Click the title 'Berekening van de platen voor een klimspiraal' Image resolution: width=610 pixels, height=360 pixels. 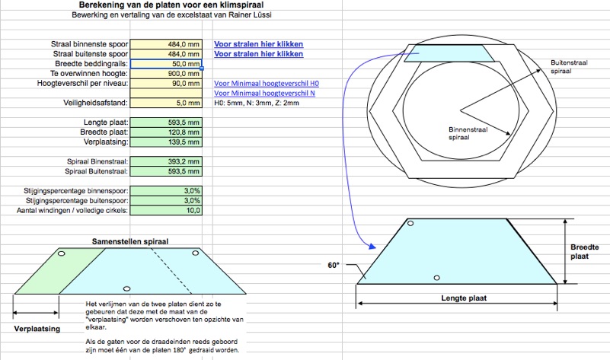171,5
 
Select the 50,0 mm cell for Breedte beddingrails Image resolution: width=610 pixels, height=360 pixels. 166,64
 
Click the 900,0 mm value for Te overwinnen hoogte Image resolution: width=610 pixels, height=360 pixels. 166,74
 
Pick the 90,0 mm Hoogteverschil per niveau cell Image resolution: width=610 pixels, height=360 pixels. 166,83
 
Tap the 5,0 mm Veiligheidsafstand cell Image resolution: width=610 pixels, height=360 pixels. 166,103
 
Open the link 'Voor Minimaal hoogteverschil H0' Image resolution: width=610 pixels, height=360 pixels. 267,83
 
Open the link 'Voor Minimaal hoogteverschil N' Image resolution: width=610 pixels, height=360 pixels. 264,94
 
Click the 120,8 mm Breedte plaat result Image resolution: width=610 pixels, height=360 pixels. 166,132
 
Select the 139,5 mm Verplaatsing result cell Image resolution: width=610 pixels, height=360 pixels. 166,142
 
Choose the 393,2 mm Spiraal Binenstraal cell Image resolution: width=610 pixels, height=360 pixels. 166,161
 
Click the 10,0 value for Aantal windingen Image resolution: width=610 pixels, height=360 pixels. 166,210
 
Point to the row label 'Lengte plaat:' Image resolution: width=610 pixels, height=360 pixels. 106,123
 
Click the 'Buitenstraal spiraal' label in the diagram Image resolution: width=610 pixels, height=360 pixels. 569,67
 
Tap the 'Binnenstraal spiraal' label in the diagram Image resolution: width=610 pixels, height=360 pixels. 468,133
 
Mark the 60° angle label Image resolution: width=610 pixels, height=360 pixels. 334,265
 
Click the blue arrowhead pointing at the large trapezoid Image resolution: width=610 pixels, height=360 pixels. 372,246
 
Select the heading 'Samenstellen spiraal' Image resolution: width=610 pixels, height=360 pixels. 130,241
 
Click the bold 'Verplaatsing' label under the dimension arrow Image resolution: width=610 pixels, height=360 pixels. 37,329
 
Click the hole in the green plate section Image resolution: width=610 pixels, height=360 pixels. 61,253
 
